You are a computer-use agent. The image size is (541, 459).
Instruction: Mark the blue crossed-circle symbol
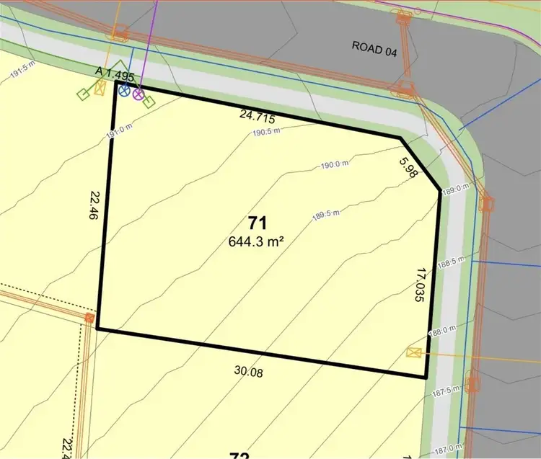[x=124, y=92]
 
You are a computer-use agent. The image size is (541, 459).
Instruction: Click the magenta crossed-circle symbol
[x=137, y=94]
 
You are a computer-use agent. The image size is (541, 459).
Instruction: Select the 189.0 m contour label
[x=455, y=190]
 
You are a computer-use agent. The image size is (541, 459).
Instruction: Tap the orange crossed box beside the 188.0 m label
[x=414, y=352]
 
